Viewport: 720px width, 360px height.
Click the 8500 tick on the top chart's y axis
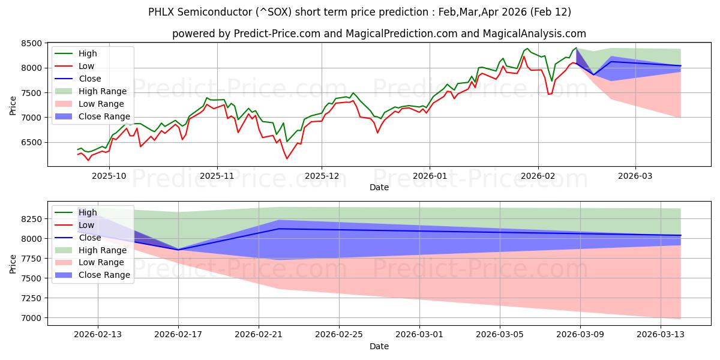tap(31, 43)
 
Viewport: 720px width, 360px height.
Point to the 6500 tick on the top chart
tap(31, 142)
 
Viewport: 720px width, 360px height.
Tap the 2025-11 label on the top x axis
tap(217, 176)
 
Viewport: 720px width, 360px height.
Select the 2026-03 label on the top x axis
tap(635, 176)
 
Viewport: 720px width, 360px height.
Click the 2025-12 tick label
tap(322, 176)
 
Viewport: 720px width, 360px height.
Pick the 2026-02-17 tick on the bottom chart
tap(178, 334)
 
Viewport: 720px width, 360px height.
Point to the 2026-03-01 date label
tap(419, 334)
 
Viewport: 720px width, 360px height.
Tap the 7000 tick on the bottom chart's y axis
tap(31, 318)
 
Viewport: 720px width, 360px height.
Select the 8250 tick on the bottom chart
tap(31, 219)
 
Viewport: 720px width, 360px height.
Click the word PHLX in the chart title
tap(163, 12)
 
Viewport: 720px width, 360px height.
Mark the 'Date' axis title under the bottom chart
tap(379, 346)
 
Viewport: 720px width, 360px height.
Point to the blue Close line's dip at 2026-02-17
tap(178, 250)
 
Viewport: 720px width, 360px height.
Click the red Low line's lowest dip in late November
tap(287, 158)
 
